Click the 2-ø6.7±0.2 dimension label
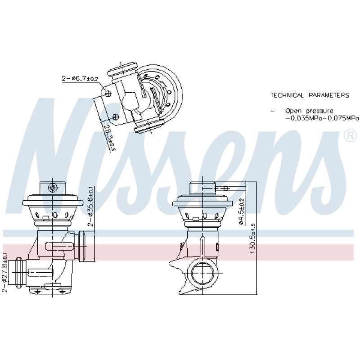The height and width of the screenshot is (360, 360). click(80, 79)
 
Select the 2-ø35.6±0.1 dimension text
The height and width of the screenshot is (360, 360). click(90, 206)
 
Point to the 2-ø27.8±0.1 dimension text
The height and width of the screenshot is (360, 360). click(4, 273)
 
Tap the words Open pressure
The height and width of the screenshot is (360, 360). click(309, 110)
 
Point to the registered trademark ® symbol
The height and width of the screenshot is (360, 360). click(350, 135)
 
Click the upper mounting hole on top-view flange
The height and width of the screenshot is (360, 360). click(109, 94)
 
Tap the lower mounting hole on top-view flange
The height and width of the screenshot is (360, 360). click(116, 117)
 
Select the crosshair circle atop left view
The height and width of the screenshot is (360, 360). click(53, 187)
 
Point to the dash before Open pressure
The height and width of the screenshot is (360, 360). click(272, 111)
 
